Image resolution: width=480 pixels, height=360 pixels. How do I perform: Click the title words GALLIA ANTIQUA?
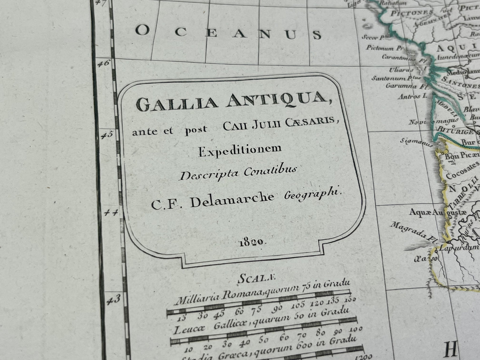[232, 101]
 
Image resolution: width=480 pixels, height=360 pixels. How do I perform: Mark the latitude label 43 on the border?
[113, 300]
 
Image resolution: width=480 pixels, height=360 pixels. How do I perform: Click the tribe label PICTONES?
[412, 14]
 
